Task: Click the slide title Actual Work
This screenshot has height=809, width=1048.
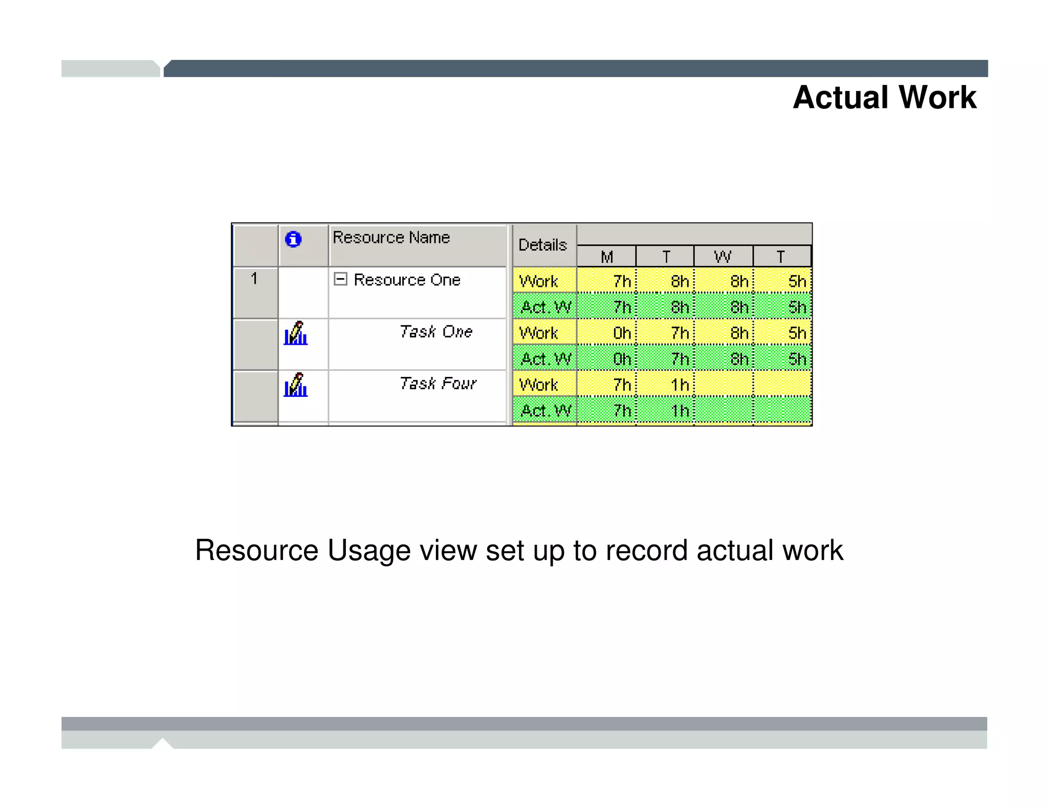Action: [x=884, y=97]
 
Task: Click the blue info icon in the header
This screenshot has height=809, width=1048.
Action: [x=293, y=239]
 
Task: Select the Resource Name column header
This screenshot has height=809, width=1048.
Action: [x=391, y=238]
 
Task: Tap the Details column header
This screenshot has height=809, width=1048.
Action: [x=543, y=245]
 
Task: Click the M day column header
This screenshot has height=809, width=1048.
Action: [x=607, y=257]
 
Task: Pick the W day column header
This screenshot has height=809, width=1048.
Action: [x=723, y=257]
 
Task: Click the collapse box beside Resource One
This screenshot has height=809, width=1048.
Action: [x=340, y=279]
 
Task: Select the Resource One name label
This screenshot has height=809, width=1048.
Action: [x=407, y=280]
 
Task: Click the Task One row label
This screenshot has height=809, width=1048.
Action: [x=435, y=332]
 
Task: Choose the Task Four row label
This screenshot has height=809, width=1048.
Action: [x=438, y=384]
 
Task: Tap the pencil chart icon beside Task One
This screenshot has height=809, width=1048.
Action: [x=296, y=333]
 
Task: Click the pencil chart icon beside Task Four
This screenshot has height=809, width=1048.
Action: [x=296, y=385]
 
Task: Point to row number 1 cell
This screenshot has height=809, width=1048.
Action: [x=254, y=279]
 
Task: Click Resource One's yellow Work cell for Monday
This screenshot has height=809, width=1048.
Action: [x=607, y=281]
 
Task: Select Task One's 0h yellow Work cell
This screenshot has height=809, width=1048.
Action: [x=607, y=333]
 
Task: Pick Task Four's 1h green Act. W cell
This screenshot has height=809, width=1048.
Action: [x=665, y=411]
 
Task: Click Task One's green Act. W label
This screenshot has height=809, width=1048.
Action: [x=545, y=359]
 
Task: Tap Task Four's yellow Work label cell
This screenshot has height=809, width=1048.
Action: [x=544, y=385]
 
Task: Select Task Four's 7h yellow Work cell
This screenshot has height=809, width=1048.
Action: [x=607, y=385]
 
